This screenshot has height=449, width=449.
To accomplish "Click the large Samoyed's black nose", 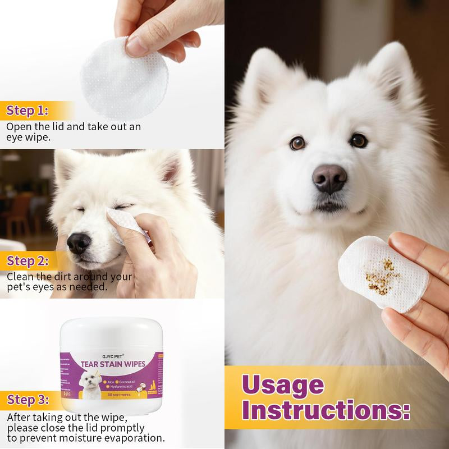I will [x=329, y=178].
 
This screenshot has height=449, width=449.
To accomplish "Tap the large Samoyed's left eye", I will [x=297, y=143].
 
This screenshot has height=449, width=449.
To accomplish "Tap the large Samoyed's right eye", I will [x=359, y=140].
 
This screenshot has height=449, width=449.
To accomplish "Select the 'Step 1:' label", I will [x=28, y=110].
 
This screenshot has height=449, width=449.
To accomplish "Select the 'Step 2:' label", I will [x=28, y=261].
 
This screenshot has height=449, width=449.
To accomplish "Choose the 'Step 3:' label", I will [x=28, y=400].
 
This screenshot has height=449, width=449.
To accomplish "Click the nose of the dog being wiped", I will [x=78, y=243].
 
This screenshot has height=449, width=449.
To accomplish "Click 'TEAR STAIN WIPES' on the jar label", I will [x=113, y=365].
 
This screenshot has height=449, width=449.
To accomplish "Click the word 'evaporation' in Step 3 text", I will [x=135, y=438].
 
